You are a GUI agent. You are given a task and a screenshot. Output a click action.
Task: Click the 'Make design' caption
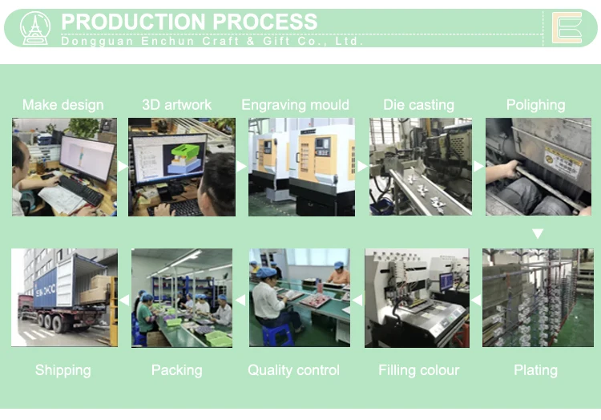[x=63, y=105]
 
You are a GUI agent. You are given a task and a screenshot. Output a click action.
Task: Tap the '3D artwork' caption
[x=176, y=105]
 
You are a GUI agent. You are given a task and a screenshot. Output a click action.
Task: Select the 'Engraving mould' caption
[x=295, y=105]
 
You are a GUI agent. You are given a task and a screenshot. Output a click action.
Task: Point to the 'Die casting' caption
[x=418, y=105]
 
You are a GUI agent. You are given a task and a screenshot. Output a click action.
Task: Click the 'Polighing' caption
[x=535, y=105]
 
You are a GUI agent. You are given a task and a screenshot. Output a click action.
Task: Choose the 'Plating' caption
[x=535, y=370]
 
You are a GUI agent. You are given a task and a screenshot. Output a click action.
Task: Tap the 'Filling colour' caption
[x=418, y=370]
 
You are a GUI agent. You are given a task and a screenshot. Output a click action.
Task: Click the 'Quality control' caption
[x=293, y=370]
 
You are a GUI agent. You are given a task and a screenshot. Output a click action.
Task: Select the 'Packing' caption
[x=176, y=370]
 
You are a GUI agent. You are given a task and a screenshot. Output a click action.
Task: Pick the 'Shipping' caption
[x=63, y=370]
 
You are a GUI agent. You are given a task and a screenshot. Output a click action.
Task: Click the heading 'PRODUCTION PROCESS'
[x=189, y=22]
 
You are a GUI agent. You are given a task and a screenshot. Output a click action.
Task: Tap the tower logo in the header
[x=35, y=28]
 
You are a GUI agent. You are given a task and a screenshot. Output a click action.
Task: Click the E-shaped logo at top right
[x=567, y=28]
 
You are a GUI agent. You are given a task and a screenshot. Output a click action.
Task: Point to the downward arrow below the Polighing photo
[x=538, y=234]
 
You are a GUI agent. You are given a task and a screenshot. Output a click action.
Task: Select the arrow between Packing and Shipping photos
[x=124, y=299]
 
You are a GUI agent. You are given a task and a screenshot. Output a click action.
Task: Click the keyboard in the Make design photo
[x=80, y=190]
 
